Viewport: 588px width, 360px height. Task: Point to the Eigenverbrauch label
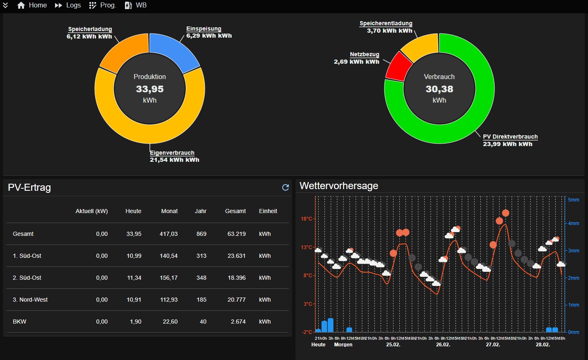tap(172, 153)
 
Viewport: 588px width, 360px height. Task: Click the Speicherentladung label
tap(386, 24)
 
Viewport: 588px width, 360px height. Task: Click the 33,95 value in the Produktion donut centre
tap(150, 89)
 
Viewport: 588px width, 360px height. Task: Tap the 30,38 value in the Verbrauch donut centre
tap(439, 89)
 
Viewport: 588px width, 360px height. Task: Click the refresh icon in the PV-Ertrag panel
tap(286, 187)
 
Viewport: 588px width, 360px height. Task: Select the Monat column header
tap(169, 211)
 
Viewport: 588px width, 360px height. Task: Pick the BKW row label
tap(19, 322)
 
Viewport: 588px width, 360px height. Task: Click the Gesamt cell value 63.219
tap(236, 234)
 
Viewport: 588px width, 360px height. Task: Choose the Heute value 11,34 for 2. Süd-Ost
tap(134, 278)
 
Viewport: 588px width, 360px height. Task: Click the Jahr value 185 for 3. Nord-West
tap(201, 300)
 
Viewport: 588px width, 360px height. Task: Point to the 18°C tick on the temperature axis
tap(307, 219)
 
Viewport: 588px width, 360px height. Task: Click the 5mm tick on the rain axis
tap(574, 200)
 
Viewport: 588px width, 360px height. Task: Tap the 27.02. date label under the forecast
tap(493, 345)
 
